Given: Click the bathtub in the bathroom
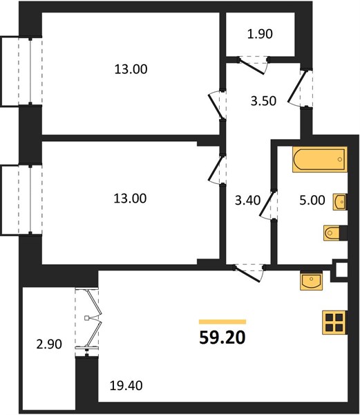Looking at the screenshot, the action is coord(319,159).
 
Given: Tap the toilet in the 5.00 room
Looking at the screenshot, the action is coord(332,233).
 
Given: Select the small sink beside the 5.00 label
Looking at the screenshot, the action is coord(339,202).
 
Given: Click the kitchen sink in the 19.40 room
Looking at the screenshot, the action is coord(312,281).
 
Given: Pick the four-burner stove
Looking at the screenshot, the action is coord(334,322).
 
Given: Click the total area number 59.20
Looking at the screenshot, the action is coord(222,338).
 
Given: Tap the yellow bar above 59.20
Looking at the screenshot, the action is coord(222,322).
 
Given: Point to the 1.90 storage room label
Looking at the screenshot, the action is coord(260,34).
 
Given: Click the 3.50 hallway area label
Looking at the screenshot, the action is coord(263,101).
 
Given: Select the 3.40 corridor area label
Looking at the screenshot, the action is coord(247,201).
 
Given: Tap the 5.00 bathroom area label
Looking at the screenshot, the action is coord(312,201).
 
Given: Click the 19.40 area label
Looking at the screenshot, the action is coord(126,386).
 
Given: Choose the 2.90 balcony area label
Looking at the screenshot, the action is coord(49,344).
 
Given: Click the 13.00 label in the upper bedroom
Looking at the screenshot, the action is coord(131,69).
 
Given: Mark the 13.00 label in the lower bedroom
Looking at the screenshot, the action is coord(130,199).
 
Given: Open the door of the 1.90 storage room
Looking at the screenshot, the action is coord(253,65).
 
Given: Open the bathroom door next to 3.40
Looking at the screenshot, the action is coord(267,205).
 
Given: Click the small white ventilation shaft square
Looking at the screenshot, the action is coord(341,270).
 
